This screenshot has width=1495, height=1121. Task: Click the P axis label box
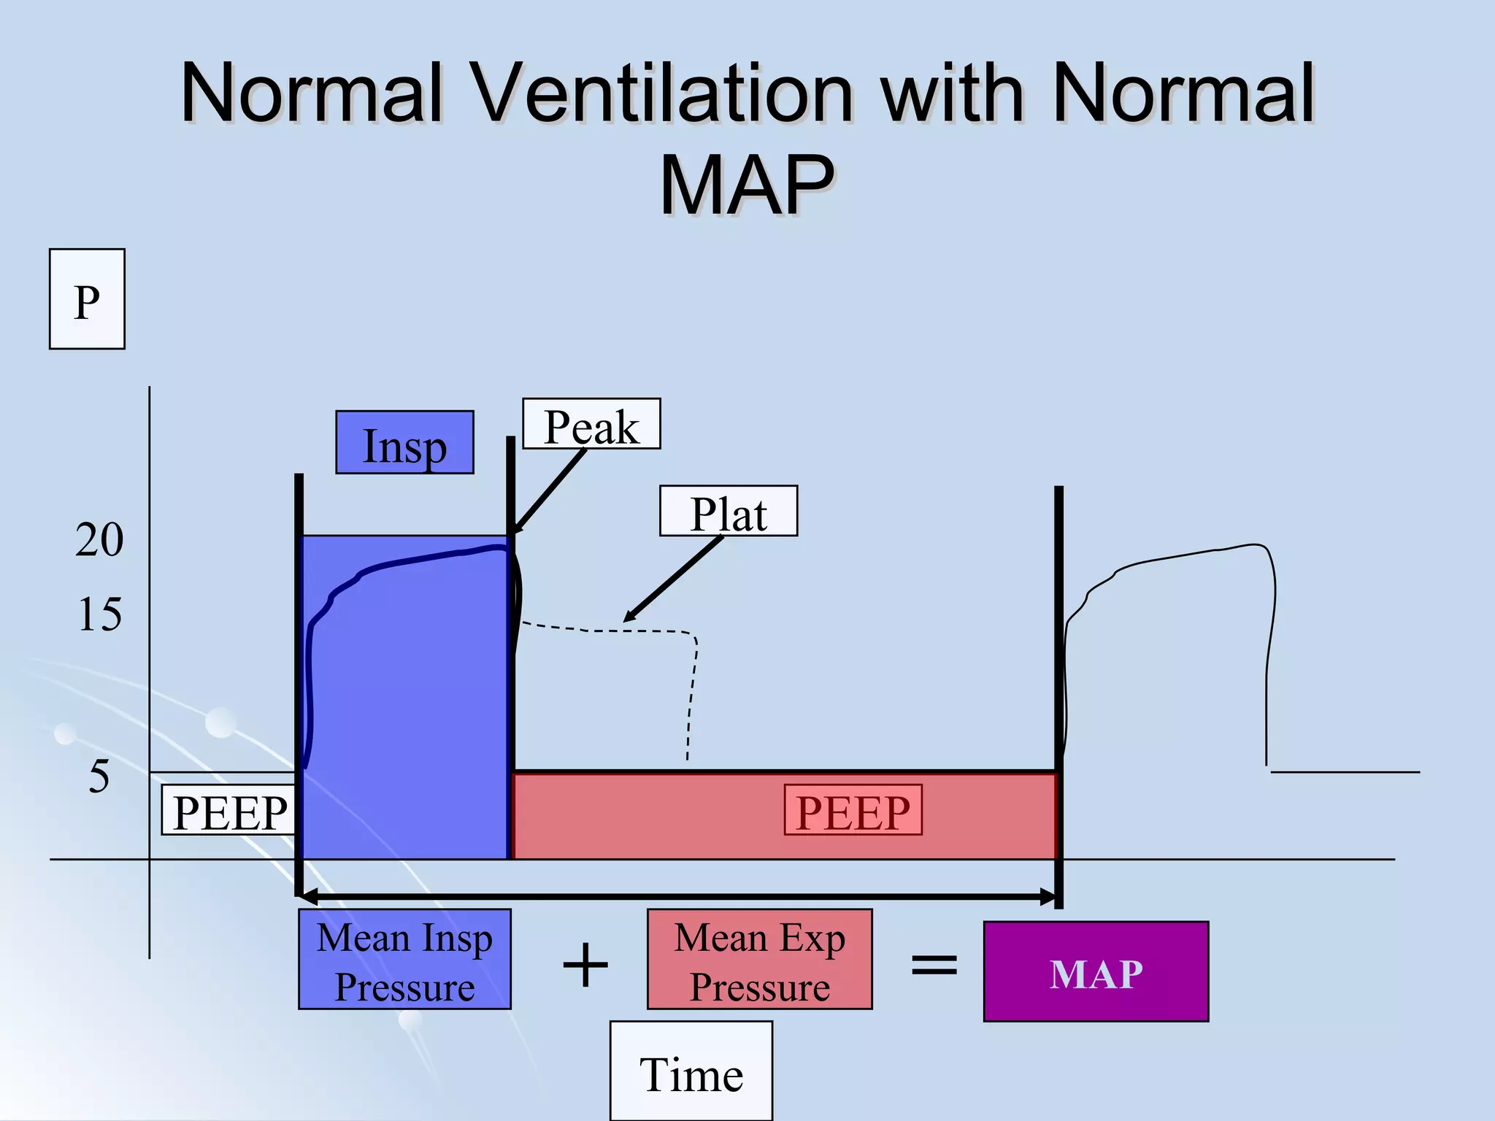[87, 299]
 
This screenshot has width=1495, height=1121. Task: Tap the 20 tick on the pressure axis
[99, 541]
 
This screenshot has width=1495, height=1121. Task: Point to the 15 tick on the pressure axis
[99, 615]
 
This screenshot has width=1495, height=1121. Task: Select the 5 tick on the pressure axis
[99, 777]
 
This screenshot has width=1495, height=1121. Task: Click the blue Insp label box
[404, 443]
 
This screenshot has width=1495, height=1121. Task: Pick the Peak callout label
[591, 425]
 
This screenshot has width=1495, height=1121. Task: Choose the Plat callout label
[728, 512]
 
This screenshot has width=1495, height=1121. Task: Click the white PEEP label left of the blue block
[229, 811]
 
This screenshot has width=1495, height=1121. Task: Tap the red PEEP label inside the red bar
[853, 811]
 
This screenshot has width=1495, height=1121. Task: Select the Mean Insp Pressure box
[404, 960]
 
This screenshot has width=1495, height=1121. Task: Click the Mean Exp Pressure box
[759, 960]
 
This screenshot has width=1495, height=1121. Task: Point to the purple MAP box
[1096, 972]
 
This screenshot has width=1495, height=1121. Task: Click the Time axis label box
[691, 1073]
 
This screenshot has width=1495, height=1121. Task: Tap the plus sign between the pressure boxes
[585, 965]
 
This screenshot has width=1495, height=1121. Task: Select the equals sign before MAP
[934, 965]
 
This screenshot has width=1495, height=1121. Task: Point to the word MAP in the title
[747, 185]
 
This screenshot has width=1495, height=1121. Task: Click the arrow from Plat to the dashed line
[673, 579]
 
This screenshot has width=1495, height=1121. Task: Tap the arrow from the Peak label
[549, 491]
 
